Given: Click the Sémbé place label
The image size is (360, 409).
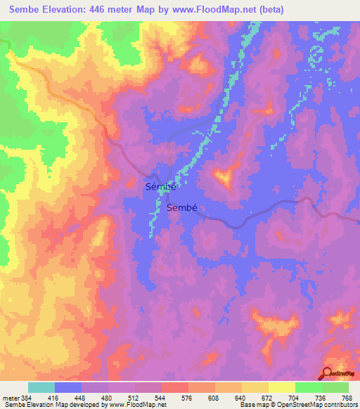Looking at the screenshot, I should pyautogui.click(x=159, y=187).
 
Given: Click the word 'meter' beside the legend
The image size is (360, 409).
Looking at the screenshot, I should pyautogui.click(x=8, y=397).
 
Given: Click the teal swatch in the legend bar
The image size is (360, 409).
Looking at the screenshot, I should pyautogui.click(x=41, y=387).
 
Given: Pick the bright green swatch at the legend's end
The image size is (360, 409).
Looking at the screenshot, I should pyautogui.click(x=335, y=387).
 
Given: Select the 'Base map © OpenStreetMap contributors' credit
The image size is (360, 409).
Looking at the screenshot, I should pyautogui.click(x=299, y=405).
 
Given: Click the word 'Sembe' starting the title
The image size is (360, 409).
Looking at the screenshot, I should pyautogui.click(x=22, y=10).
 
